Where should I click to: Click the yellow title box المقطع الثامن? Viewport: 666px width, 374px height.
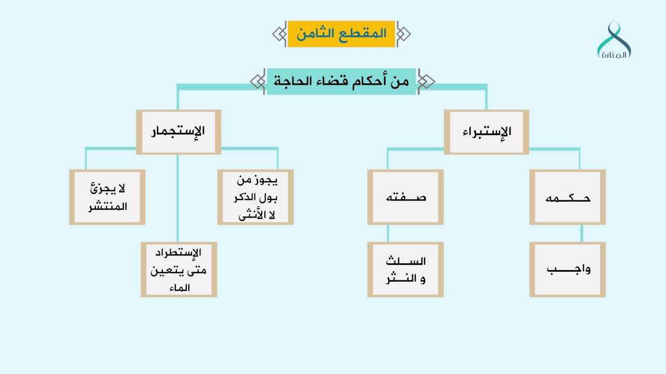point(341,34)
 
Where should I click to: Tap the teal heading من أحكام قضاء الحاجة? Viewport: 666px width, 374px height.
point(341,82)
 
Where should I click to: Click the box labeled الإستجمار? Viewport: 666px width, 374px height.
point(178,131)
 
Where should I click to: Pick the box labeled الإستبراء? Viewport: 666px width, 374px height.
point(486,131)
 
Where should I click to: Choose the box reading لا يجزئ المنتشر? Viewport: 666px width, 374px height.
point(107,197)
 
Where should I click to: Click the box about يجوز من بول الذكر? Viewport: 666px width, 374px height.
point(255,197)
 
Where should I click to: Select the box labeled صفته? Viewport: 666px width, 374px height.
point(405,197)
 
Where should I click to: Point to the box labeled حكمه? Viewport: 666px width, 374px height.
point(567,197)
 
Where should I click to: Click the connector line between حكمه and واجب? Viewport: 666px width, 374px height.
point(581,233)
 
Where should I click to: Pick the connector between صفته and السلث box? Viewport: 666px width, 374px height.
point(387,233)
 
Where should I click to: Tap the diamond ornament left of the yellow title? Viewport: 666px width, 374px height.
point(279,34)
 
